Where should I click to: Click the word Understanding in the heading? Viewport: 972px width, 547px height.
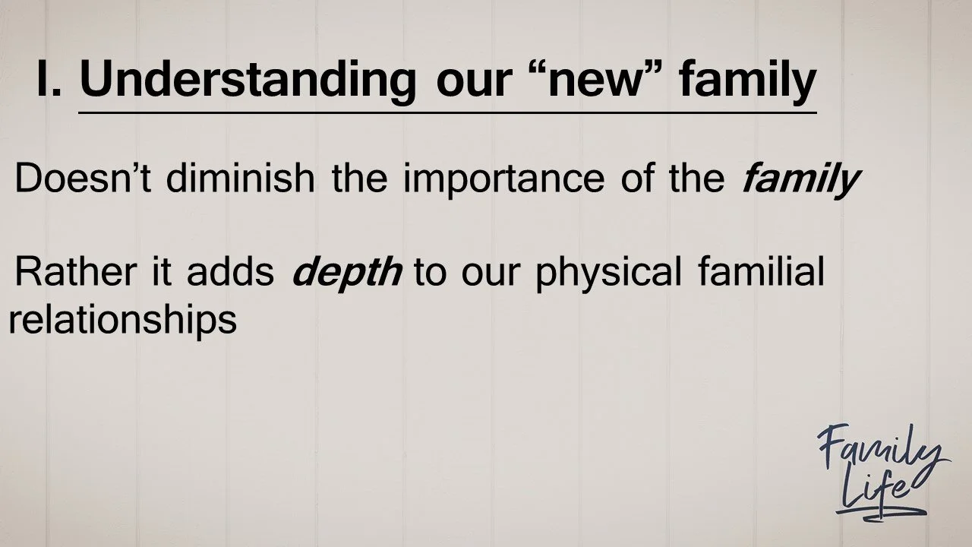click(248, 81)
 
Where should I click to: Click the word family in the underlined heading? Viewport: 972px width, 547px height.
click(747, 81)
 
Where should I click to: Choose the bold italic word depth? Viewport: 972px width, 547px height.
click(346, 273)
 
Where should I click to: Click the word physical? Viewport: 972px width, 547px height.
click(608, 273)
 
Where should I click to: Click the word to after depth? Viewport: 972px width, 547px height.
click(431, 273)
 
